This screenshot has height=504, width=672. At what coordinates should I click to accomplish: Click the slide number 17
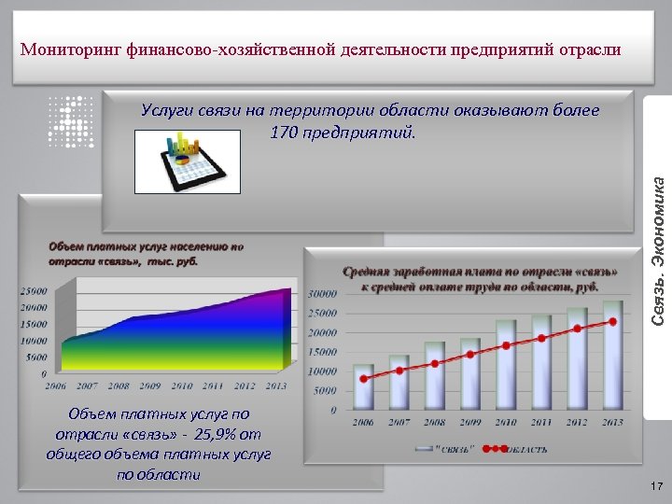[656, 486]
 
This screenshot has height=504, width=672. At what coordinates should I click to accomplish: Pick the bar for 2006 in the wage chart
[363, 387]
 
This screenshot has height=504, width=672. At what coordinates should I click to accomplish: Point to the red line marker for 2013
[613, 322]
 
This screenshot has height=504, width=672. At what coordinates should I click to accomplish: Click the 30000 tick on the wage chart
[323, 293]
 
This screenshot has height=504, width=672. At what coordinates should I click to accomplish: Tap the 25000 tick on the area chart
[34, 289]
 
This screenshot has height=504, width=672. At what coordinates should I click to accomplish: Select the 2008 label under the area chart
[119, 385]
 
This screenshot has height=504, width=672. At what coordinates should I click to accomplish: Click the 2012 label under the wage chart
[578, 422]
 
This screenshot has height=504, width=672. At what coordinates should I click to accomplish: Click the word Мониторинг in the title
[67, 49]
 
